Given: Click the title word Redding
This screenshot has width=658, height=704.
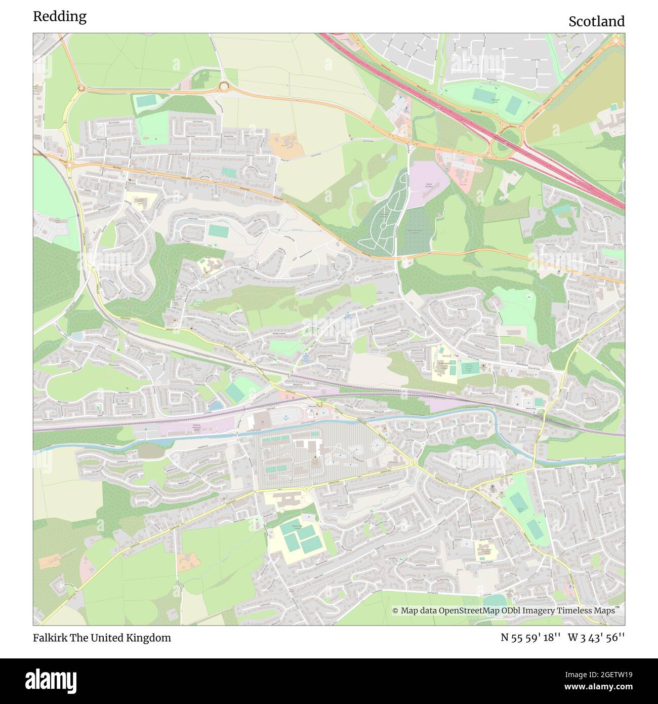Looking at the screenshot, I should (60, 16).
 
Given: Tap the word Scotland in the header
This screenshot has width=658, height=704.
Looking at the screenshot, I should (596, 21).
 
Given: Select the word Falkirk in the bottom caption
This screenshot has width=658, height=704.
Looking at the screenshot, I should (48, 638).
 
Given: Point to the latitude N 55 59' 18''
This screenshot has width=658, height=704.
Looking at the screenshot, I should (530, 638).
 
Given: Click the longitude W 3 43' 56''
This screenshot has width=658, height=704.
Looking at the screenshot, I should (596, 638).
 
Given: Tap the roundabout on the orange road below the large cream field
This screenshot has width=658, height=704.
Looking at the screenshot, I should (223, 87).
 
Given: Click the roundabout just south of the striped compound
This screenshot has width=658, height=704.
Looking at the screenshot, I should (306, 489).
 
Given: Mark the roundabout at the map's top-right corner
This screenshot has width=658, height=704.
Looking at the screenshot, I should (617, 41).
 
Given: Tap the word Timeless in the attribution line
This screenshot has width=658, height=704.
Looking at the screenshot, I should (573, 611).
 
